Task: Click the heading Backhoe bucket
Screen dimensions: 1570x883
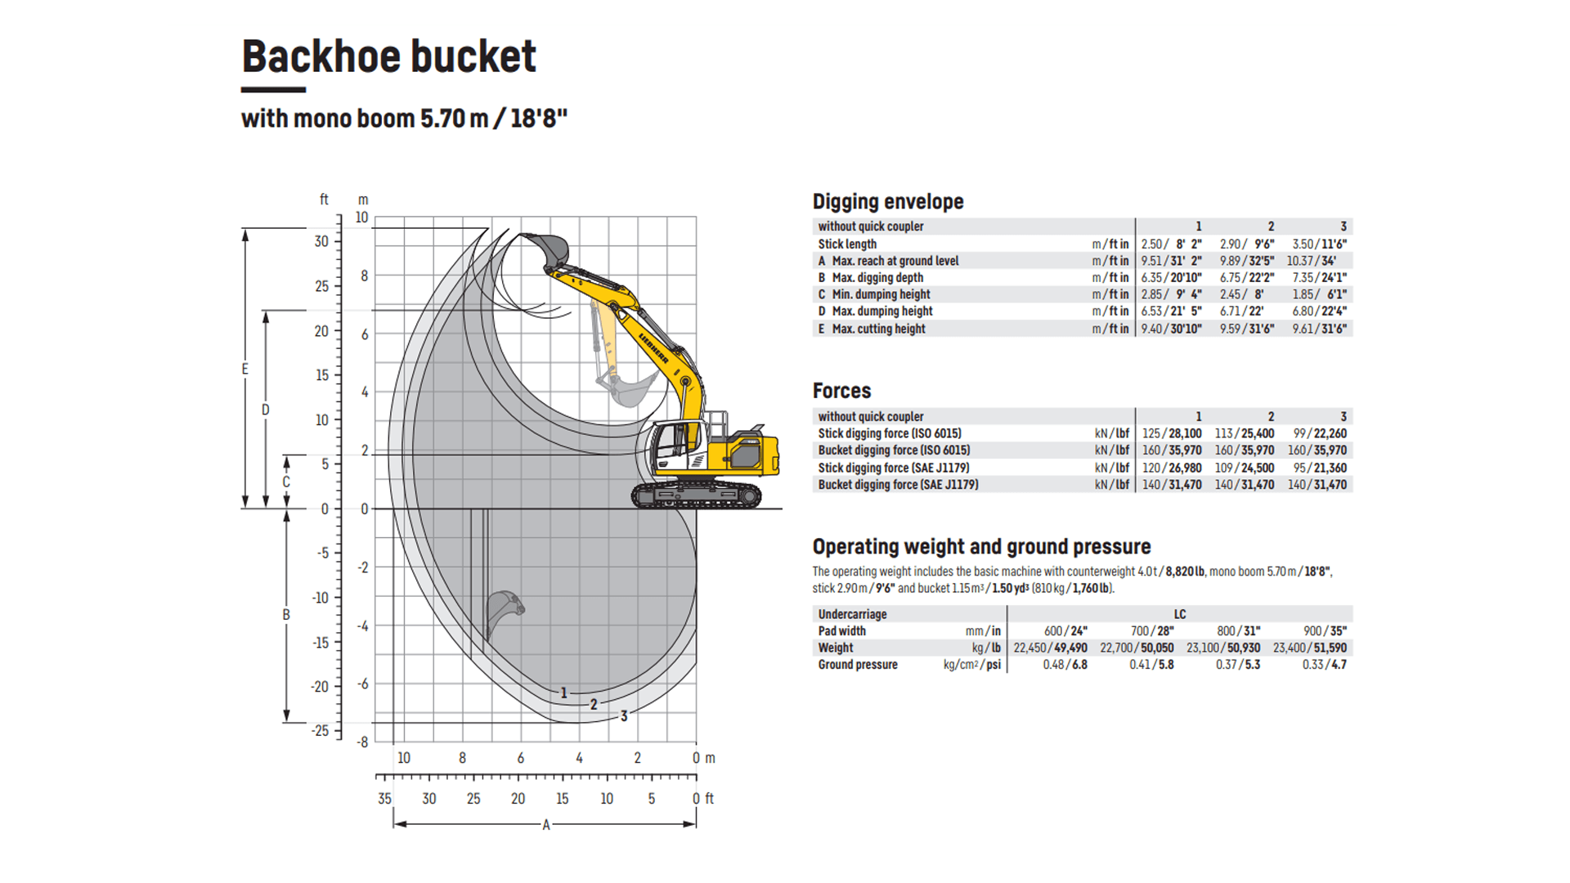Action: [x=388, y=56]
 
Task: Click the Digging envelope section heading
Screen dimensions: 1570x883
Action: [x=888, y=201]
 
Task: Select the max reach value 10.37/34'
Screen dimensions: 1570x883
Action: [x=1312, y=261]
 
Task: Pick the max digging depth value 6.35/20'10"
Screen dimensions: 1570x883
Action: [x=1172, y=278]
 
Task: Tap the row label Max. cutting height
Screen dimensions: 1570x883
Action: [x=878, y=329]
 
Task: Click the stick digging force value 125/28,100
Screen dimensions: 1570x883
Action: [x=1172, y=433]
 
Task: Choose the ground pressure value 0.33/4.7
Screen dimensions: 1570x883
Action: [x=1325, y=665]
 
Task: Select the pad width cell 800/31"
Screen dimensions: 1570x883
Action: [x=1239, y=631]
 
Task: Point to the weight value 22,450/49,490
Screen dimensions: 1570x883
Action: [x=1051, y=648]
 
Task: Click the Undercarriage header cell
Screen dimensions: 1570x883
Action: [x=852, y=614]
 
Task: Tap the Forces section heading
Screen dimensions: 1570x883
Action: [x=841, y=391]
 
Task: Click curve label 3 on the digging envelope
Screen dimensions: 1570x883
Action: [x=624, y=716]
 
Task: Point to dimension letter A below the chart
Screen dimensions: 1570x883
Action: [x=546, y=825]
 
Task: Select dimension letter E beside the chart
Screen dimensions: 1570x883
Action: [x=244, y=370]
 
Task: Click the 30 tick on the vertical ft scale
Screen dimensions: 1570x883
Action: [x=321, y=242]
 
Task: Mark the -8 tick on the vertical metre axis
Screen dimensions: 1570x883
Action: [x=362, y=742]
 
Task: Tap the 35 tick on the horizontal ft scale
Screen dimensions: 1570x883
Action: [x=384, y=799]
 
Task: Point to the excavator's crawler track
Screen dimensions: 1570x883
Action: [x=696, y=495]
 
